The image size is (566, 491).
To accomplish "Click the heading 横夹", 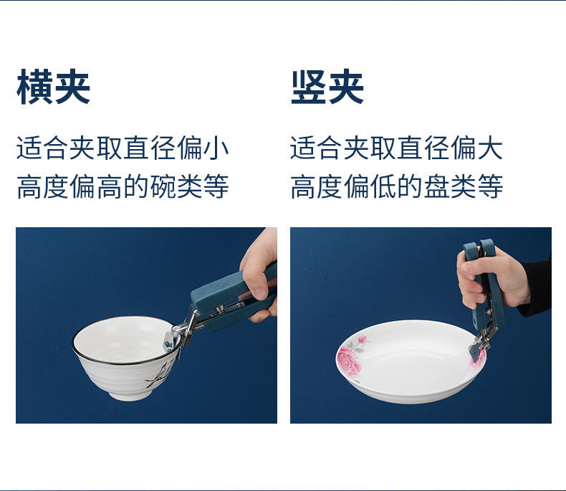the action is pos(53,87).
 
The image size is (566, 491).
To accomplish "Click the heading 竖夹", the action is pos(327,87).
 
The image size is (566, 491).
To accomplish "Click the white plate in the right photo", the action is pos(411,361).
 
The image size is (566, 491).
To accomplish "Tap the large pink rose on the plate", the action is pos(349,359).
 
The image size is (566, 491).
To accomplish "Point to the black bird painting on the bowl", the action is pos(159,376).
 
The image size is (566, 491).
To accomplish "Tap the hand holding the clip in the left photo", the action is pos(259,275).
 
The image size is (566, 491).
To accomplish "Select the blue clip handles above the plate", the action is pos(484,282).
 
